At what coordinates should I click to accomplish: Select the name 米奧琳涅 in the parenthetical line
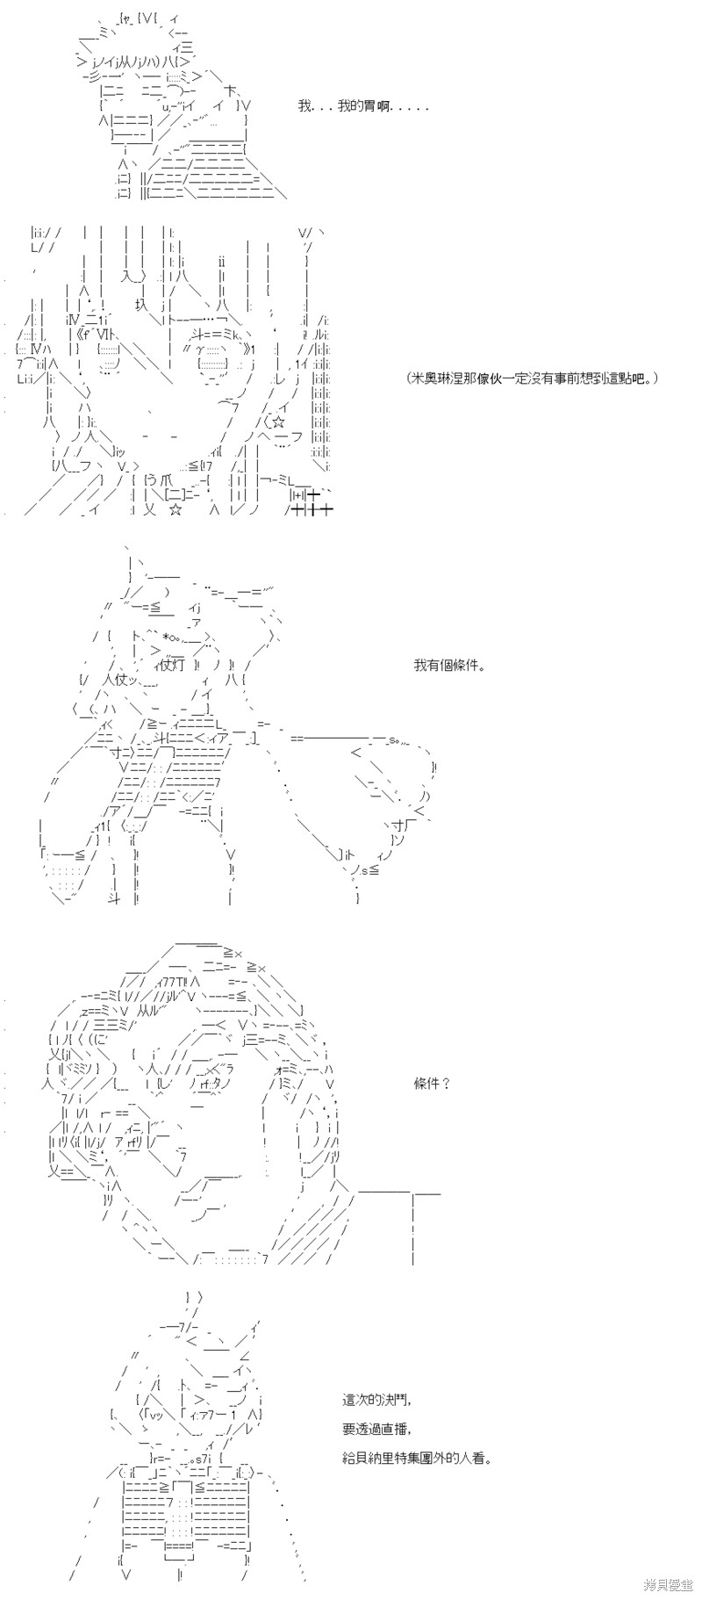[x=438, y=378]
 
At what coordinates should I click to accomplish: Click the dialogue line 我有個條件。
[x=450, y=665]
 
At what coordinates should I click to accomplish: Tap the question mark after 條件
[x=445, y=1083]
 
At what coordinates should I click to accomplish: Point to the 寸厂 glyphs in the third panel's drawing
[x=400, y=826]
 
